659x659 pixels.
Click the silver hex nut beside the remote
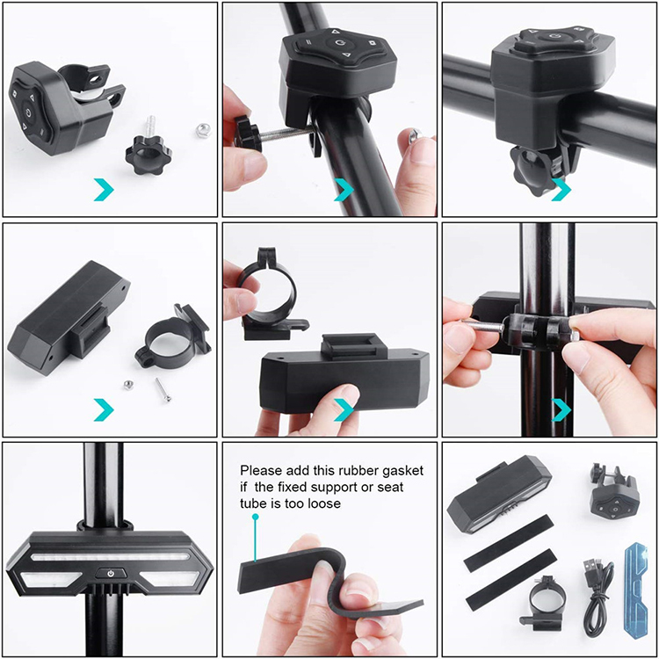click(204, 130)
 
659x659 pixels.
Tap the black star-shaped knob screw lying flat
click(148, 153)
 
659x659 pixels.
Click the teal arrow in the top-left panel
click(104, 190)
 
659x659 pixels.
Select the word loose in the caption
click(324, 503)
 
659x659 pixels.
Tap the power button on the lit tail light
click(111, 573)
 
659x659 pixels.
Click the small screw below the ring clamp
click(163, 389)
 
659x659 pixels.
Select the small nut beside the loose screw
click(128, 385)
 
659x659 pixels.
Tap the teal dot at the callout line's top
click(255, 518)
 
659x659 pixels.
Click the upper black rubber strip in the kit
click(508, 543)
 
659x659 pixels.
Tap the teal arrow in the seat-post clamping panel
click(561, 409)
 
